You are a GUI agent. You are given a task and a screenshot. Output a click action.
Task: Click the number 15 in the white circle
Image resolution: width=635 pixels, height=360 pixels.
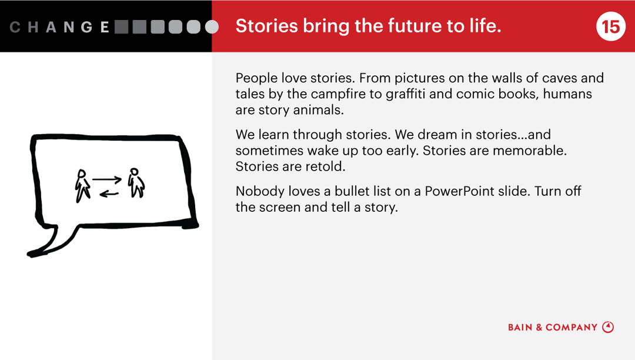610,26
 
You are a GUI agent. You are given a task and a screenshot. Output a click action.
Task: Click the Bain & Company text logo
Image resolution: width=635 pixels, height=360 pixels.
553,327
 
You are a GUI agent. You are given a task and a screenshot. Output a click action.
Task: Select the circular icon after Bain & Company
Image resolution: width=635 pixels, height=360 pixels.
608,327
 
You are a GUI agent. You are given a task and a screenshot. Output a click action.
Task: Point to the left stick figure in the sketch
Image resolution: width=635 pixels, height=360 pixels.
82,185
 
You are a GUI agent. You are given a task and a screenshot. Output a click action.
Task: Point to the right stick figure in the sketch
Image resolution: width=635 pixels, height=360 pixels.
137,183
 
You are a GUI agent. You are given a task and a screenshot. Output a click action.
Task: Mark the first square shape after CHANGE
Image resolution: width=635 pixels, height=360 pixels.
122,27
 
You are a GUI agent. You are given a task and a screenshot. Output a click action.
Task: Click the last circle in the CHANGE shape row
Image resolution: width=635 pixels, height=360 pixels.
212,27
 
